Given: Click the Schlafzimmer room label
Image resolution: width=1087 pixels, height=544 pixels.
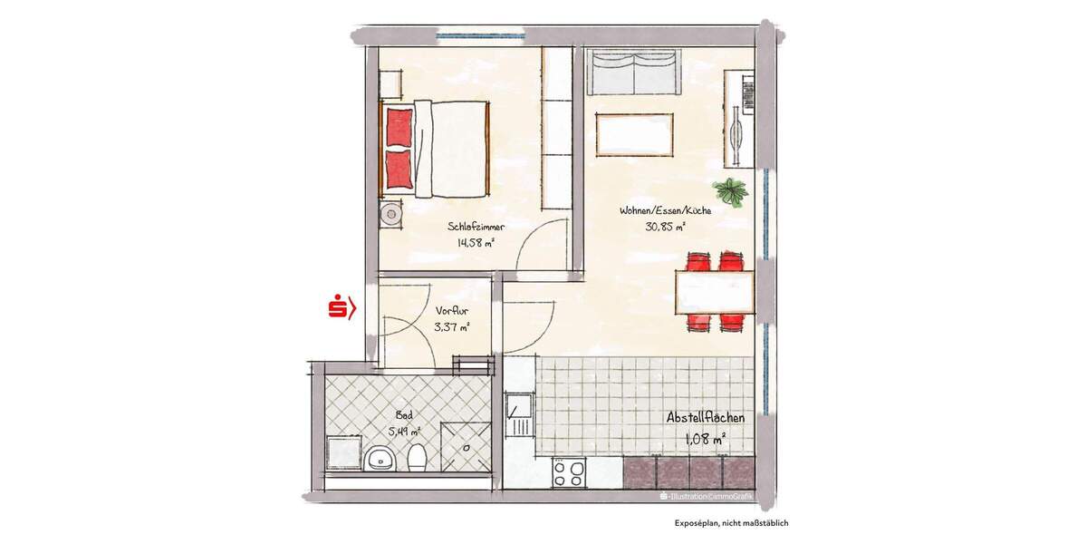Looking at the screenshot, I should (x=476, y=227).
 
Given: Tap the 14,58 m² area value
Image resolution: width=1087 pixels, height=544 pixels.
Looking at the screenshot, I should (x=476, y=243).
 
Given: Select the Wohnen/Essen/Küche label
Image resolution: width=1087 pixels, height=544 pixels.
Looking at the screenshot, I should (x=665, y=210).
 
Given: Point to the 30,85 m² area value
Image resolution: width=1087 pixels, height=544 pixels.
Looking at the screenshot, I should (x=665, y=227).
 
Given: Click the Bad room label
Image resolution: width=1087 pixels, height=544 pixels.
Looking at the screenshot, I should (x=391, y=415).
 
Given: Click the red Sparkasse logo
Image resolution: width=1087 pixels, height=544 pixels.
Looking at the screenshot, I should (x=341, y=308).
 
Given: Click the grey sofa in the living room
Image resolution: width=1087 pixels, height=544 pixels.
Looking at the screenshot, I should (x=634, y=73).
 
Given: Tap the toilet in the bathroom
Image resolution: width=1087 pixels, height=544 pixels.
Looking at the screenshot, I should (x=416, y=458).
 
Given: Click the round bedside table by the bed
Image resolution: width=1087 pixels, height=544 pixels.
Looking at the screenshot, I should (x=391, y=214).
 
